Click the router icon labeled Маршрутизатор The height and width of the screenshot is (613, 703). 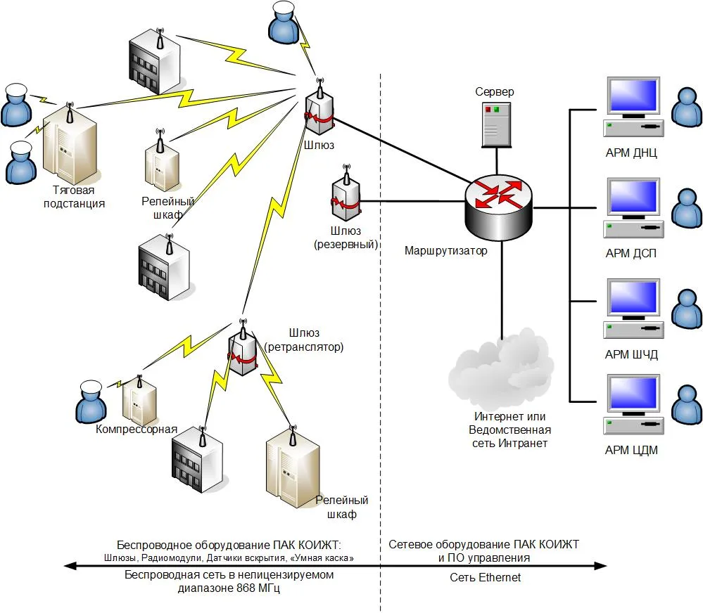pyautogui.click(x=499, y=205)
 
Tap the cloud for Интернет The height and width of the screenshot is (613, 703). pyautogui.click(x=500, y=370)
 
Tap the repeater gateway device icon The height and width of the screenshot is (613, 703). pyautogui.click(x=242, y=351)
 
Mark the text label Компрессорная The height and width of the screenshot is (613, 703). pyautogui.click(x=137, y=430)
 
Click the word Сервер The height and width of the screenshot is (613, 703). pyautogui.click(x=494, y=92)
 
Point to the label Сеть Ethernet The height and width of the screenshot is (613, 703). pyautogui.click(x=486, y=578)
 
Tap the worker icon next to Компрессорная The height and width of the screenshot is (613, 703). pyautogui.click(x=91, y=401)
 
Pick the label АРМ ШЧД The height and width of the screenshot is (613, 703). pyautogui.click(x=631, y=354)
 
